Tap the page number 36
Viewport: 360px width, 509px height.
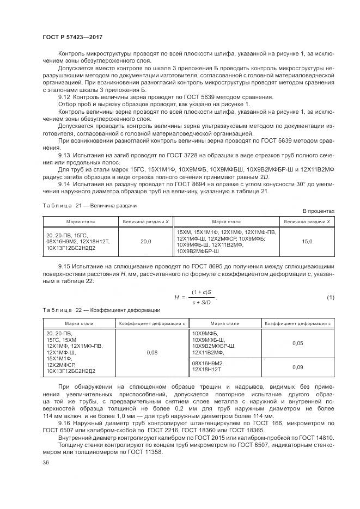click(46, 463)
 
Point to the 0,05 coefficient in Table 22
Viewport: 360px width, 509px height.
click(297, 344)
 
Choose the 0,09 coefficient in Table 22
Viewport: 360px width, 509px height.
click(297, 367)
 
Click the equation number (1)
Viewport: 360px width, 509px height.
click(330, 297)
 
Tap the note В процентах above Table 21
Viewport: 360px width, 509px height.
click(319, 211)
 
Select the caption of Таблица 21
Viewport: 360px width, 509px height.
click(89, 206)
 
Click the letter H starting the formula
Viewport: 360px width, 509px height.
click(176, 297)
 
